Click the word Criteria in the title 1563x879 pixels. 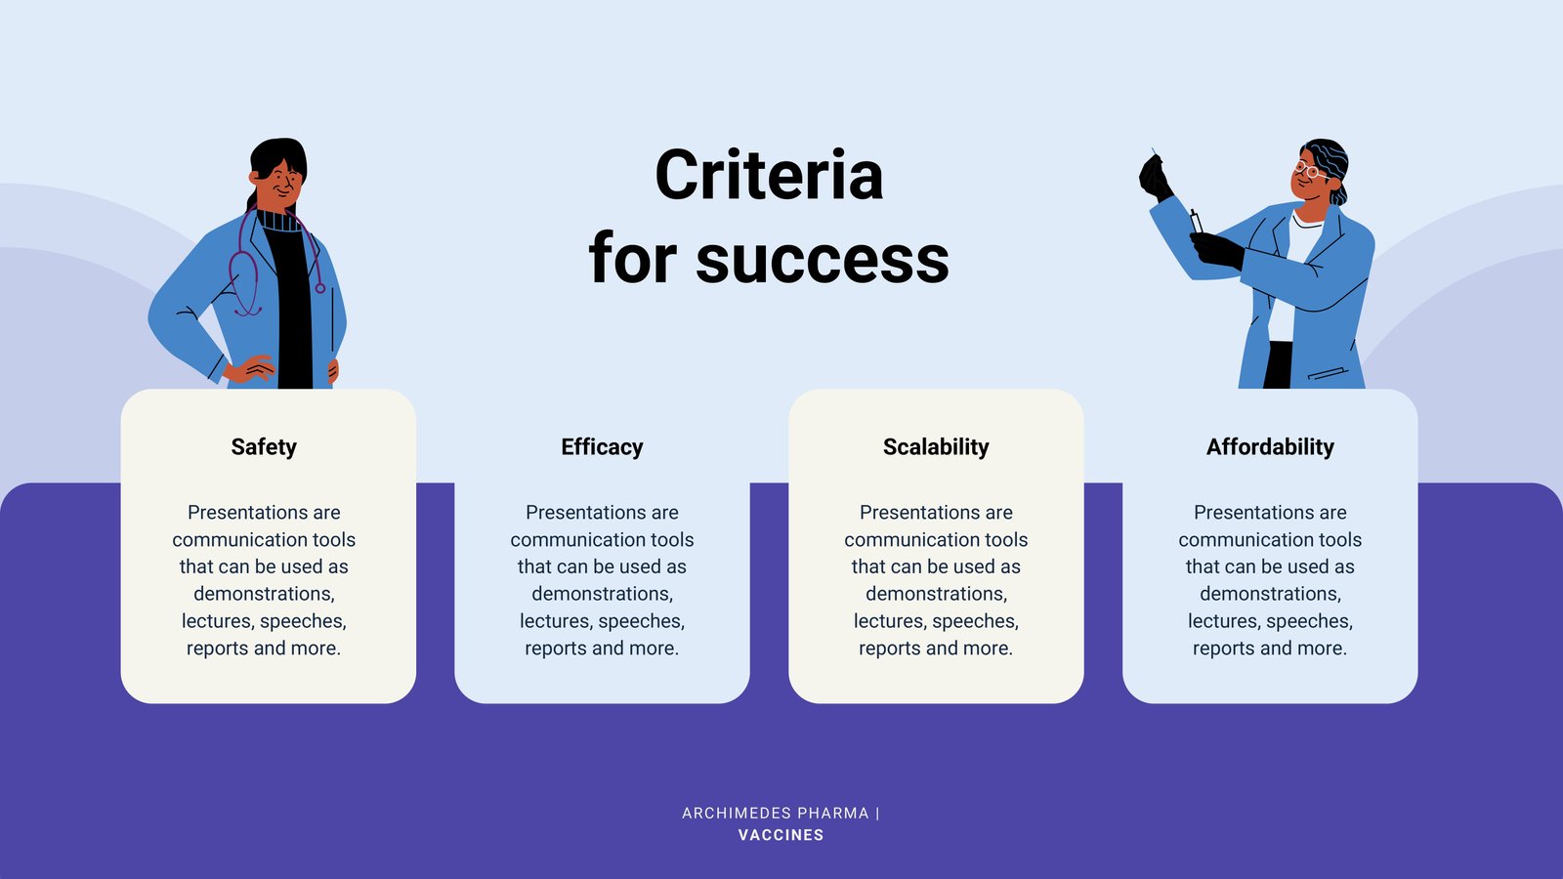(769, 175)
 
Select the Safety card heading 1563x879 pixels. (264, 447)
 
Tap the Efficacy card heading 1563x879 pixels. (602, 447)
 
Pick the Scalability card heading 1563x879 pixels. (936, 447)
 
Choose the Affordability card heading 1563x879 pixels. (1270, 447)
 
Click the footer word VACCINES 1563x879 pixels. (781, 835)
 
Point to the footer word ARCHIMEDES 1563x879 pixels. (737, 814)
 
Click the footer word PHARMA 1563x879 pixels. (833, 814)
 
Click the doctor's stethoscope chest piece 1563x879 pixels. (320, 288)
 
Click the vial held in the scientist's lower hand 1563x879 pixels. (1196, 221)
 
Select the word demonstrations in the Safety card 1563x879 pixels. (264, 594)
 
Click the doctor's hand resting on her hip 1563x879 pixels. (250, 368)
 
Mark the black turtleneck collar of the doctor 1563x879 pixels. (280, 221)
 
